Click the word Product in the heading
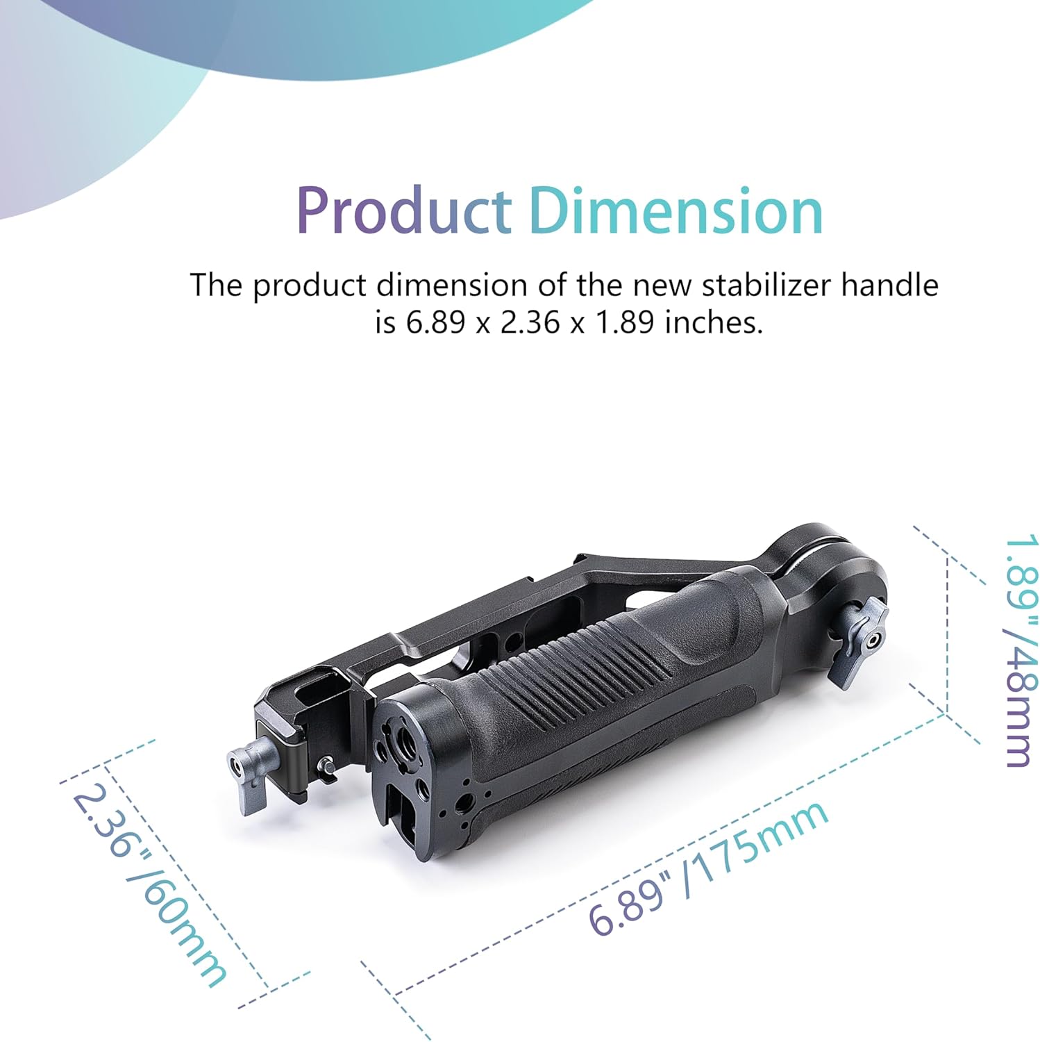(403, 211)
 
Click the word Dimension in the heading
(676, 211)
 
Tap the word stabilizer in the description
(768, 286)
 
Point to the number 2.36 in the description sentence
(530, 322)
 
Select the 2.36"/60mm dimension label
(149, 886)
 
